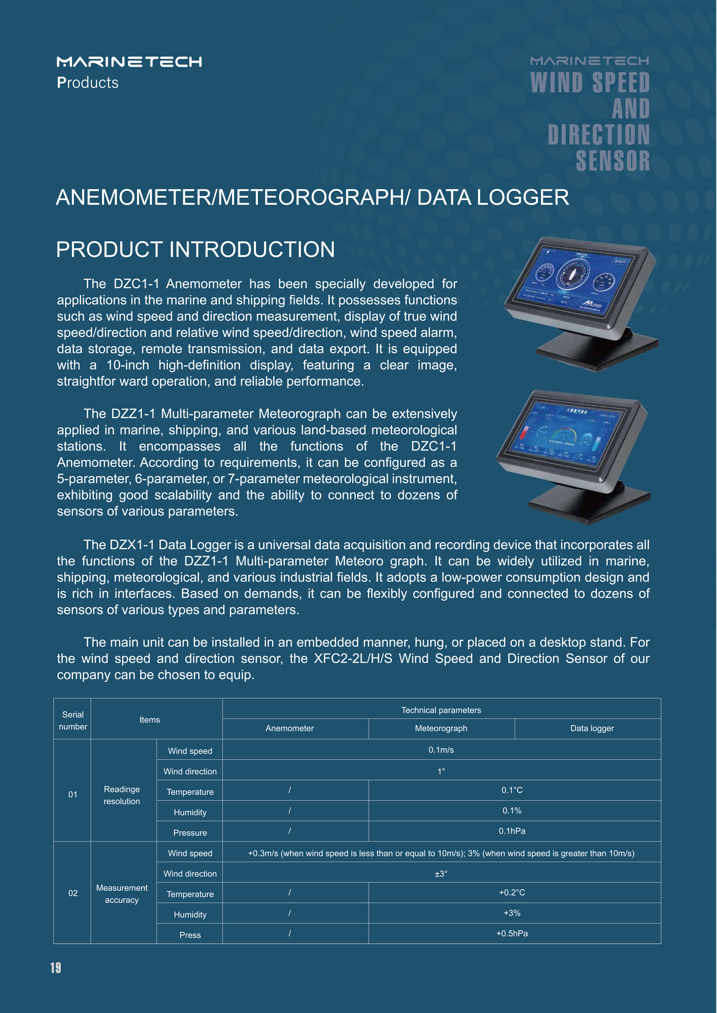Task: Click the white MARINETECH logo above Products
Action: (x=129, y=61)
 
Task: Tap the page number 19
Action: (x=56, y=968)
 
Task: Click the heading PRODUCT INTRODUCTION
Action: (x=195, y=249)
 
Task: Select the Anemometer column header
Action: (x=290, y=728)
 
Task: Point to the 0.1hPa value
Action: (x=512, y=831)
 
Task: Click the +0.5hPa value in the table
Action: (x=512, y=933)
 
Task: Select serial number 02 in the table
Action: (x=73, y=893)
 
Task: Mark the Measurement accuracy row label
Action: (x=122, y=893)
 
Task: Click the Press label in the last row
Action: (x=190, y=935)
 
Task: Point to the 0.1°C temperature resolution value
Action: (x=512, y=790)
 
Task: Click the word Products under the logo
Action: (x=88, y=82)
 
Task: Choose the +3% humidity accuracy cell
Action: (x=512, y=913)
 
